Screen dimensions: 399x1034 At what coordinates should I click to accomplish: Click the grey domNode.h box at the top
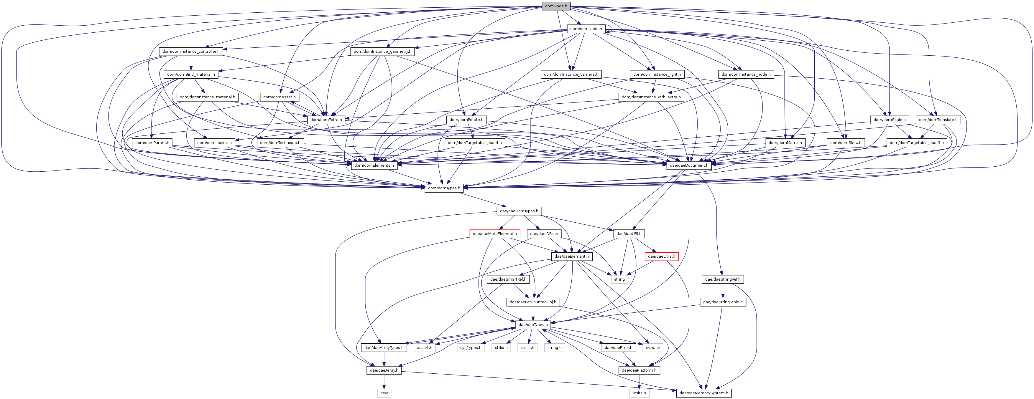tap(556, 6)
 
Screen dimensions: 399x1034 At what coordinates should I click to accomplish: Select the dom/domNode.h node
tap(586, 29)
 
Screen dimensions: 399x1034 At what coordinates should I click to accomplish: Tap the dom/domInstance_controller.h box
tap(191, 51)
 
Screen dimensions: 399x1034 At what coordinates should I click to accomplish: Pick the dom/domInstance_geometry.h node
tap(382, 51)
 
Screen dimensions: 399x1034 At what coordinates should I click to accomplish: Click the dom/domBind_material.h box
tap(191, 74)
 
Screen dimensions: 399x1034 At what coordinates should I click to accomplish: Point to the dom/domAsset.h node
tap(280, 97)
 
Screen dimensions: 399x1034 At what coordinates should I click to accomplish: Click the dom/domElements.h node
tap(374, 165)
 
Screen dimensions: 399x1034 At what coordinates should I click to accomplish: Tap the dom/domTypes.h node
tap(444, 188)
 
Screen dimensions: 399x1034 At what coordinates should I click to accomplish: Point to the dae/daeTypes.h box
tap(533, 325)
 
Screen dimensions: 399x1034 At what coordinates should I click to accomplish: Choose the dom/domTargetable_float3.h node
tap(917, 142)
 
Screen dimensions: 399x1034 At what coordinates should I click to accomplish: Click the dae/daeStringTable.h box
tap(723, 302)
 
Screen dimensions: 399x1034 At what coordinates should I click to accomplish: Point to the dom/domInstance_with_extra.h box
tap(651, 97)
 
